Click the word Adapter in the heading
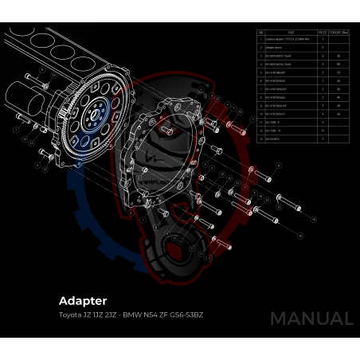click(83, 301)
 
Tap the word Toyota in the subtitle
click(69, 315)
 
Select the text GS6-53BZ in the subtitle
click(188, 315)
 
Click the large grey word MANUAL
click(311, 319)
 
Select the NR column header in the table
click(261, 33)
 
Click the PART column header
click(292, 33)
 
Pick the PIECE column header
click(322, 33)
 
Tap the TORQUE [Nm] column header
click(338, 33)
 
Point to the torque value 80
click(338, 65)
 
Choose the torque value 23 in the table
click(338, 73)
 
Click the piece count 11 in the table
click(322, 131)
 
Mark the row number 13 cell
click(261, 139)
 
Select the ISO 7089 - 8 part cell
click(276, 123)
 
